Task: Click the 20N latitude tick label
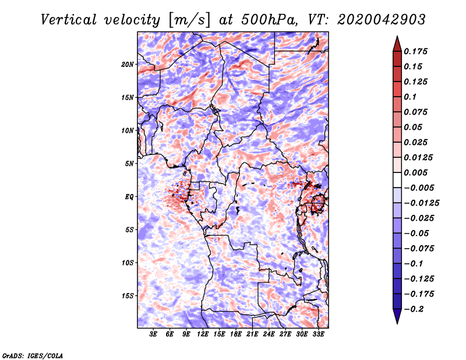(127, 65)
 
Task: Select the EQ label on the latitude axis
(129, 197)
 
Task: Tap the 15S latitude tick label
(127, 296)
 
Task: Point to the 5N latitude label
(129, 164)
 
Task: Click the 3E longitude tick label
(153, 334)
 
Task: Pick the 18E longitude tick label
(236, 334)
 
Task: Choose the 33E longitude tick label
(318, 334)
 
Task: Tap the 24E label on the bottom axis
(269, 334)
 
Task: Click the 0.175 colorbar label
(415, 51)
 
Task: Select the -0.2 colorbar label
(414, 309)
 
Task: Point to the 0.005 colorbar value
(415, 172)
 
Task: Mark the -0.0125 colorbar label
(421, 203)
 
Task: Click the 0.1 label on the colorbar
(410, 97)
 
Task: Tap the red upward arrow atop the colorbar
(397, 44)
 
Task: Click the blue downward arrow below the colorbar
(397, 316)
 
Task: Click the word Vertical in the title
(69, 20)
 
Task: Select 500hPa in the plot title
(269, 20)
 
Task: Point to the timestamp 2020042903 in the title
(382, 20)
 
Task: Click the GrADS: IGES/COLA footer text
(33, 355)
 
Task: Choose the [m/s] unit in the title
(189, 20)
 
